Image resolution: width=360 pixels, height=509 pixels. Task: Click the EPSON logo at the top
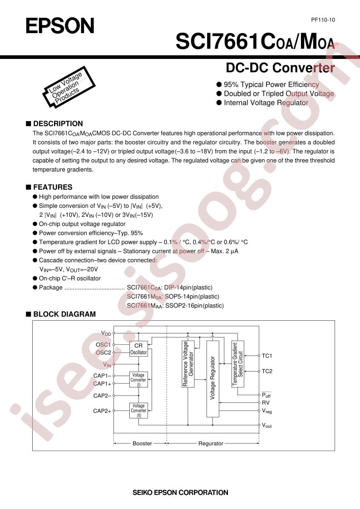click(60, 26)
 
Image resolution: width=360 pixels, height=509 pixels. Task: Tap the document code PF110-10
click(323, 20)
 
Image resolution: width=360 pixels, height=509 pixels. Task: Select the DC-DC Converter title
click(280, 68)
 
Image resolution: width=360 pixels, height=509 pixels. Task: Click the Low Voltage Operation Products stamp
click(69, 87)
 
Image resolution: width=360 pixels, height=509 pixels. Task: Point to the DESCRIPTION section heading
click(54, 124)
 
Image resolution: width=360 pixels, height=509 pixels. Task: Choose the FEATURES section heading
click(49, 187)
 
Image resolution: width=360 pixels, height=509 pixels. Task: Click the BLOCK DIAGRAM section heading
click(61, 314)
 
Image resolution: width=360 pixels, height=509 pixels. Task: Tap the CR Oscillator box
click(138, 349)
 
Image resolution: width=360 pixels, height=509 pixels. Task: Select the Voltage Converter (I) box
click(138, 379)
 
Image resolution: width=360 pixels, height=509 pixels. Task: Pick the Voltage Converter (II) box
click(138, 410)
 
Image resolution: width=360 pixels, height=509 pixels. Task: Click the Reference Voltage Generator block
click(188, 364)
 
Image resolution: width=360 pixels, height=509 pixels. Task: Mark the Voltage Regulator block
click(213, 379)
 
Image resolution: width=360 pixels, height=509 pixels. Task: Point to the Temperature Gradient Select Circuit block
click(238, 364)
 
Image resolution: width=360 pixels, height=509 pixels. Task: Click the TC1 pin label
click(267, 356)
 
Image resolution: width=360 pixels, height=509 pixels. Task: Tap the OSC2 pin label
click(104, 352)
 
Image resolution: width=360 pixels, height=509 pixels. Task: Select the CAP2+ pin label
click(102, 411)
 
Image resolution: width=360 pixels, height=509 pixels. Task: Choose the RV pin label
click(266, 403)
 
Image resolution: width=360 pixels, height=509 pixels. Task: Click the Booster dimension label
click(142, 443)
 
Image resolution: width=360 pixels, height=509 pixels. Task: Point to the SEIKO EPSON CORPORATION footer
click(180, 493)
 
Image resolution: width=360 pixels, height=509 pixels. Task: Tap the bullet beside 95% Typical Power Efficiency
click(219, 85)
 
